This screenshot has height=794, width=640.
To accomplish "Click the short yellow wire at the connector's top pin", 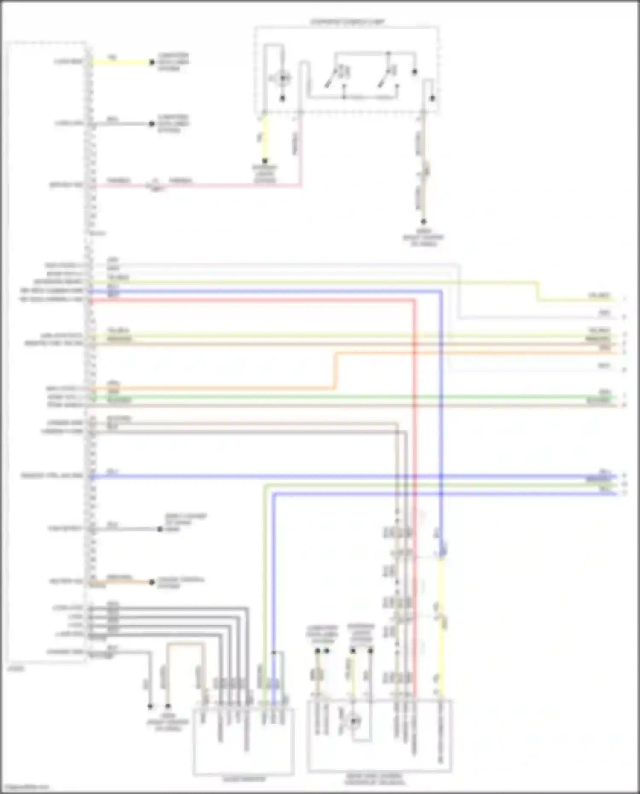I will tap(119, 62).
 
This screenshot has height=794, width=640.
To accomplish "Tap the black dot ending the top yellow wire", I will tap(152, 62).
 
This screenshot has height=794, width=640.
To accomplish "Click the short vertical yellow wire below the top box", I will tap(265, 137).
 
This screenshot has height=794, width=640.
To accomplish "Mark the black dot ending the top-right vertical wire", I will tap(423, 222).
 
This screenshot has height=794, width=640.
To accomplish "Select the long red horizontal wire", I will tap(256, 301).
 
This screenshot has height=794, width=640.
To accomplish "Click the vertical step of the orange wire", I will tap(335, 370).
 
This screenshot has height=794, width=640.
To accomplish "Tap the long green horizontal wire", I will tap(341, 397).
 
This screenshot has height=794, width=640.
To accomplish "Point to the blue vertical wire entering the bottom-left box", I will tap(273, 597).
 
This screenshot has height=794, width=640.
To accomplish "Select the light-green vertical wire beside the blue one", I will tap(265, 597).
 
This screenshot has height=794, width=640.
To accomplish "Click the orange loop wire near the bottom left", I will tap(186, 645).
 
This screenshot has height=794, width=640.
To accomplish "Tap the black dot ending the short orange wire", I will tap(152, 582).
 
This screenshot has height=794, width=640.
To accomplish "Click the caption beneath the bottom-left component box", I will tap(244, 779).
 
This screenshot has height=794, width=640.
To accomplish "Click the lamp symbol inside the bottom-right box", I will tap(354, 721).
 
